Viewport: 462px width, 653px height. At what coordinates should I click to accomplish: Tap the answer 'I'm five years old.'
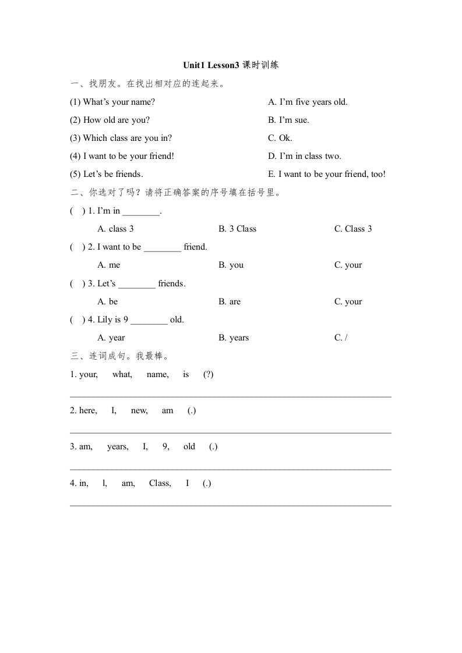point(308,102)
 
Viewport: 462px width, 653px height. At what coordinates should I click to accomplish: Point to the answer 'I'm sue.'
point(288,120)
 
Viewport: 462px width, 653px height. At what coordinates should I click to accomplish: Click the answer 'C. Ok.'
point(280,138)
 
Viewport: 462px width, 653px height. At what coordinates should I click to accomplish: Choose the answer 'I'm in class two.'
point(305,156)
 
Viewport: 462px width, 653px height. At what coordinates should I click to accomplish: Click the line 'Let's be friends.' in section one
point(107,174)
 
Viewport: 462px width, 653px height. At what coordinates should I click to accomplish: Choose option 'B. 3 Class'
point(237,229)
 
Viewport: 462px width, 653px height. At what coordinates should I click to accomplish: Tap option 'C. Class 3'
point(353,229)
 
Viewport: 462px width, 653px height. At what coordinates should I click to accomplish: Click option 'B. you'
point(231,265)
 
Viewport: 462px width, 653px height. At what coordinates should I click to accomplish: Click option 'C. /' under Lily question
point(341,338)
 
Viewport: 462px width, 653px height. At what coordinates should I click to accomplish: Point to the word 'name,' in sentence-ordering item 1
point(158,374)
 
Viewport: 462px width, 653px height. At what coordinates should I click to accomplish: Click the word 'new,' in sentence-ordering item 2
point(139,410)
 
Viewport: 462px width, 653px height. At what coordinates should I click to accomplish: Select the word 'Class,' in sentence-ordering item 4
point(160,483)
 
